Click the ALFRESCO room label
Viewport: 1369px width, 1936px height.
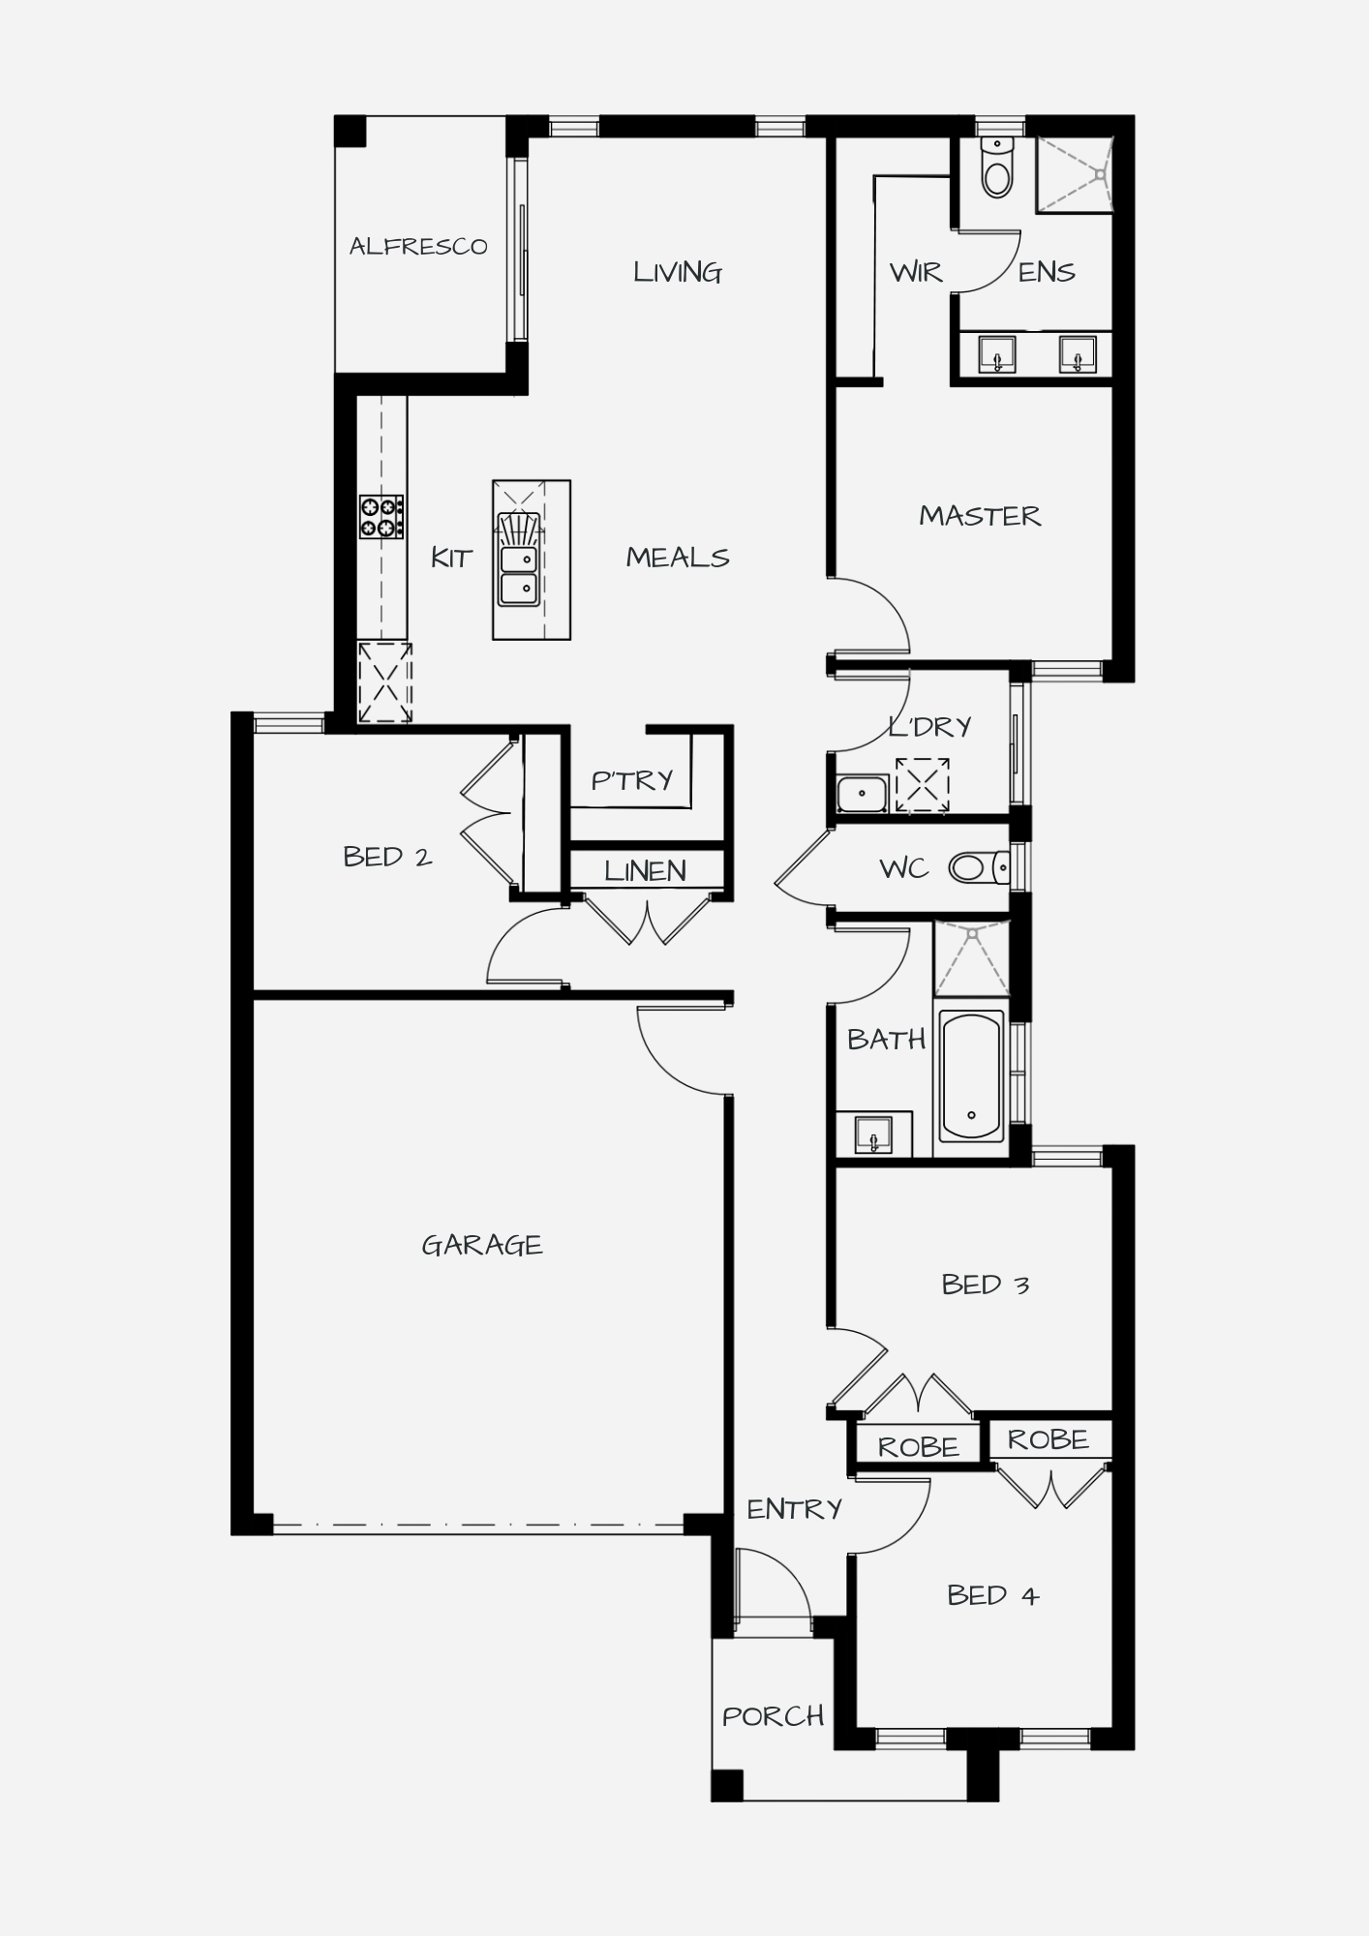pyautogui.click(x=418, y=246)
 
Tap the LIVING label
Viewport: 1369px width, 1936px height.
pyautogui.click(x=678, y=272)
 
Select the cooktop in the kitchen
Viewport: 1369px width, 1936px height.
pyautogui.click(x=381, y=516)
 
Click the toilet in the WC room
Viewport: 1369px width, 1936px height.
pyautogui.click(x=979, y=867)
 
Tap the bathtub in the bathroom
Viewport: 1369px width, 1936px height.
pyautogui.click(x=971, y=1076)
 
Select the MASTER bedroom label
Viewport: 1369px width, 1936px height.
pyautogui.click(x=980, y=516)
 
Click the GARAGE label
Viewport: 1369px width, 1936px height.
pyautogui.click(x=482, y=1245)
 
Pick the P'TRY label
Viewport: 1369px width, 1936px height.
pyautogui.click(x=631, y=779)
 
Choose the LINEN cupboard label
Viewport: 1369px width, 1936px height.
pyautogui.click(x=645, y=871)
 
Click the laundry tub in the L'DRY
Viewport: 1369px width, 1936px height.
pyautogui.click(x=862, y=794)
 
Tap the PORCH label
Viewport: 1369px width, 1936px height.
pyautogui.click(x=773, y=1716)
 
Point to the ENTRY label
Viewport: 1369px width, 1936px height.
pyautogui.click(x=794, y=1508)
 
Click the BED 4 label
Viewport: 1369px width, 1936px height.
pyautogui.click(x=992, y=1595)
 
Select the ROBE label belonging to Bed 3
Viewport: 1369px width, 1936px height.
pyautogui.click(x=918, y=1447)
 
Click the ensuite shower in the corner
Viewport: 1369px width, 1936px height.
pyautogui.click(x=1074, y=174)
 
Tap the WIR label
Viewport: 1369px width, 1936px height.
pyautogui.click(x=915, y=272)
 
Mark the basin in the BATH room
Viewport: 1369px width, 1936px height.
pyautogui.click(x=873, y=1134)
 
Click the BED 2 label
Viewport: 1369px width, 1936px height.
pyautogui.click(x=387, y=857)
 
